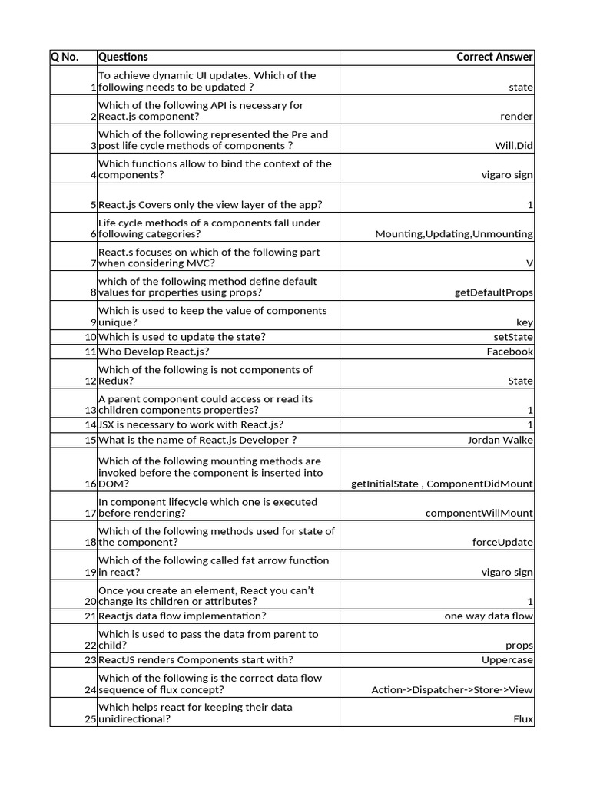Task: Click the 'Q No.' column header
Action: click(65, 57)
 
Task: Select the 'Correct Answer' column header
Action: click(494, 57)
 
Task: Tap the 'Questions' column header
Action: click(123, 57)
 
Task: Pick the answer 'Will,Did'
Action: click(513, 146)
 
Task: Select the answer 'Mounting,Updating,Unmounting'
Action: click(453, 234)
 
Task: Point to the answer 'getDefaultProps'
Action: click(493, 292)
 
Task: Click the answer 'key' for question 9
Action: click(525, 322)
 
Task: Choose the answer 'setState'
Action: click(512, 337)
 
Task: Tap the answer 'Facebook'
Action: click(509, 352)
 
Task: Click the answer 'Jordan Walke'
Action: click(500, 440)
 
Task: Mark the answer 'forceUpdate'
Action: click(502, 543)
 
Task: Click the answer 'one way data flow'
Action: click(489, 616)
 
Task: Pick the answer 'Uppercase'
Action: click(507, 660)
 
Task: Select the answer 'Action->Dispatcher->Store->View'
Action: click(452, 690)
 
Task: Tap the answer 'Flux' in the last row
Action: click(523, 720)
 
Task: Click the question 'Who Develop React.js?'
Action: click(154, 352)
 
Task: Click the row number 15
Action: click(90, 440)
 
